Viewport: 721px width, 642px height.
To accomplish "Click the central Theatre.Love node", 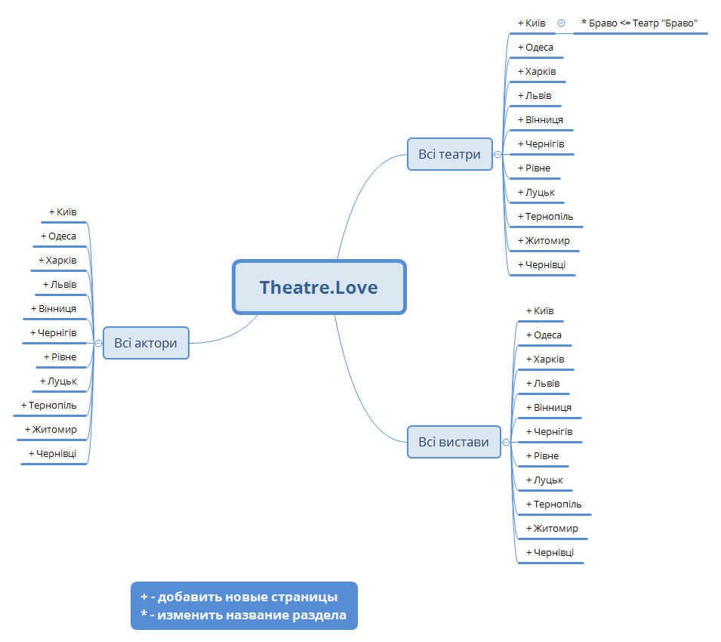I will coord(319,287).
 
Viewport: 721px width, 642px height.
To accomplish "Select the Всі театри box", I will coord(449,154).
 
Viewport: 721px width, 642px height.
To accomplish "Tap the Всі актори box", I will coord(146,343).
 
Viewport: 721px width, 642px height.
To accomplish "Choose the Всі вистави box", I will coord(454,442).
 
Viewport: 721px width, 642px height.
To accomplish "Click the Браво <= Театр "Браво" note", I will coord(639,23).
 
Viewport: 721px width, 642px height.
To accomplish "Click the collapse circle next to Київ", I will coord(561,23).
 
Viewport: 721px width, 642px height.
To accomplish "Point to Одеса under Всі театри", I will coord(535,48).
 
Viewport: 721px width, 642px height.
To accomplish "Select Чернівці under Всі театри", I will coord(541,265).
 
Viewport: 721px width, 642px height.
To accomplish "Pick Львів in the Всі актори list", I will coord(60,285).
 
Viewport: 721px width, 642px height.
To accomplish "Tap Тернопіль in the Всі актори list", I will coord(48,406).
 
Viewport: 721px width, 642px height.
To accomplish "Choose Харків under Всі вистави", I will coord(545,360).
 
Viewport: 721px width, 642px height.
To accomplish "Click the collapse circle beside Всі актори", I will coord(98,343).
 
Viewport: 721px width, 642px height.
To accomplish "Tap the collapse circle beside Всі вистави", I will coord(506,442).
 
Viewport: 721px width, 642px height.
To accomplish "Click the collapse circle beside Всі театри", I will coord(498,154).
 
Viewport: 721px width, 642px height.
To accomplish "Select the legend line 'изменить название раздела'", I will coord(243,616).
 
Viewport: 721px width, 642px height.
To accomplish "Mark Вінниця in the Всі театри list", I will coord(540,120).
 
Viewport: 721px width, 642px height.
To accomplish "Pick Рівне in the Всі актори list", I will coord(60,357).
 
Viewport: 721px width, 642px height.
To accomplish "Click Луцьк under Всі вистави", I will coord(544,480).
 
